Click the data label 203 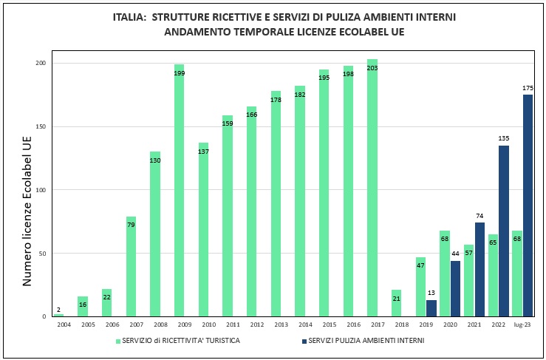pos(372,69)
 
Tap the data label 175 pos(528,89)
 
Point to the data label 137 pos(203,152)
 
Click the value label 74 pos(480,216)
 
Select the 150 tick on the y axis pos(41,126)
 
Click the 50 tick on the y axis pos(43,254)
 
